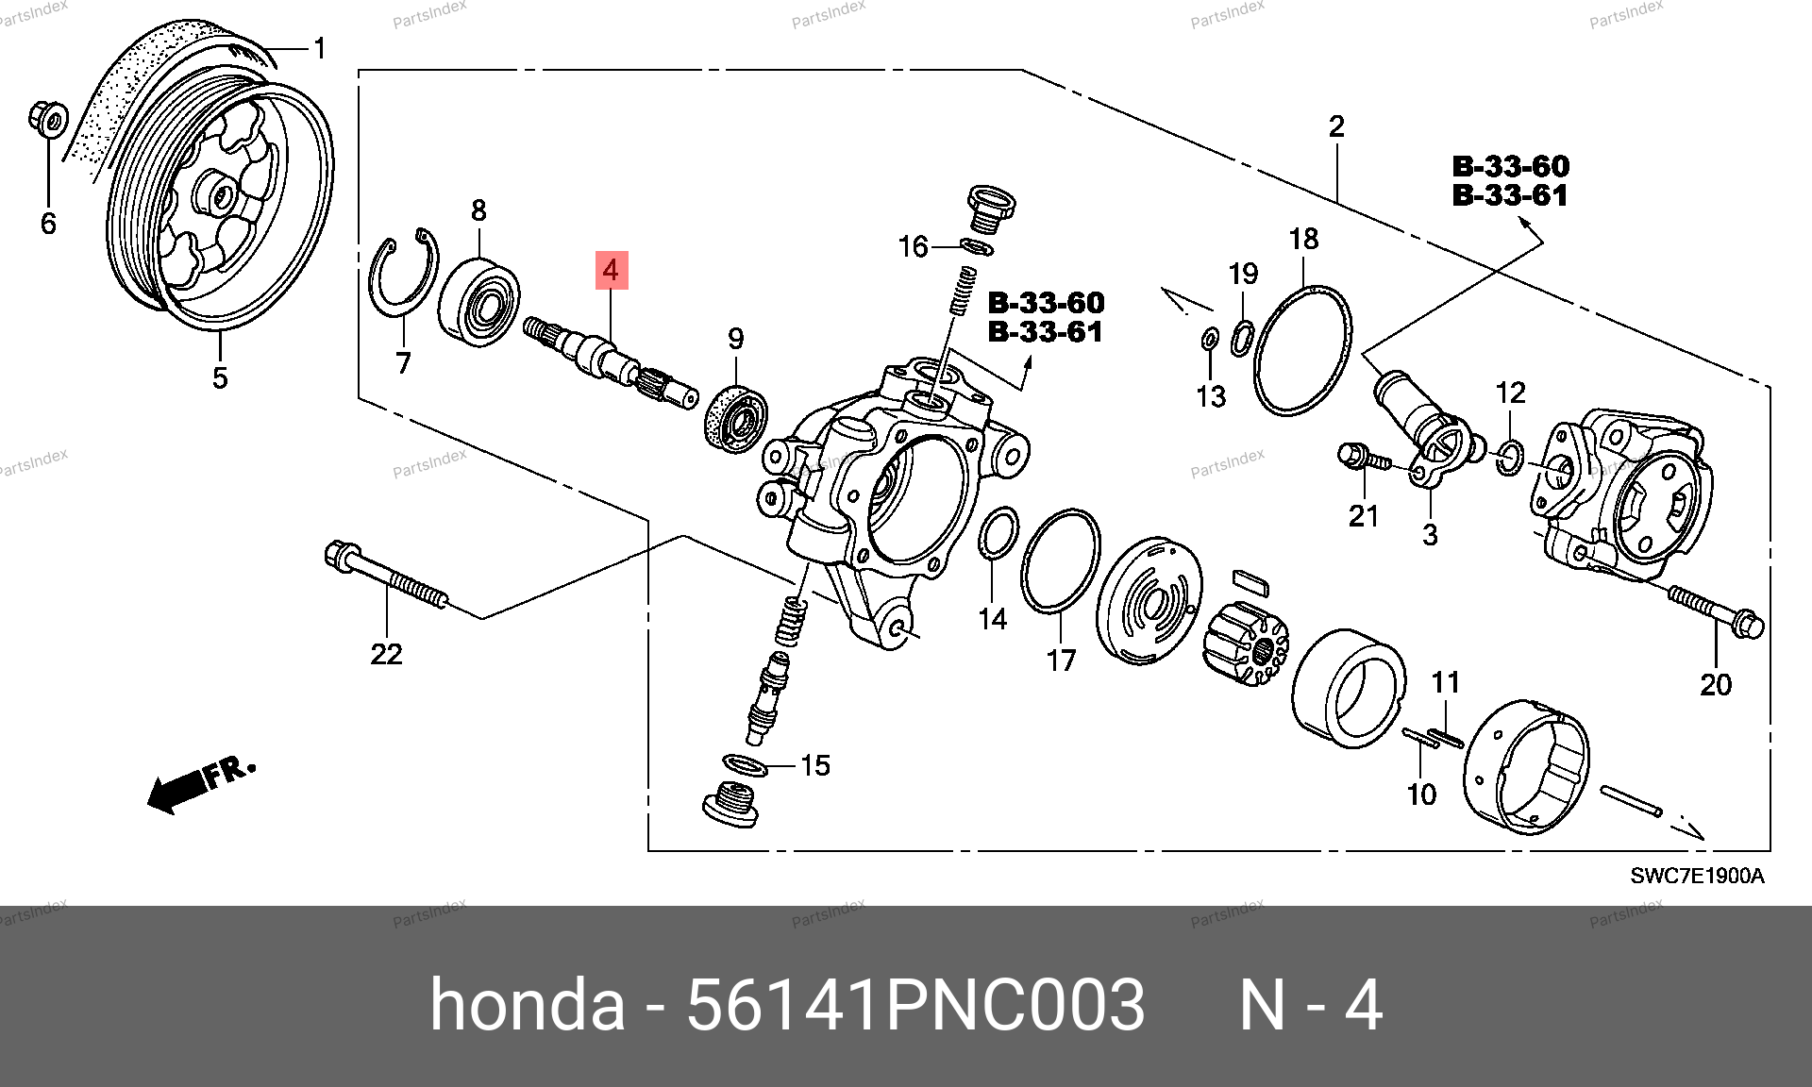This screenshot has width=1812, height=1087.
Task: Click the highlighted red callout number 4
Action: (x=611, y=271)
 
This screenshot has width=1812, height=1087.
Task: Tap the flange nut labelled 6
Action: (x=48, y=119)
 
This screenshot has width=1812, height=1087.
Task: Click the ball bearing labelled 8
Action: (x=479, y=301)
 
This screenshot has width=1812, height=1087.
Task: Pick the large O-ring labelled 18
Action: (x=1302, y=351)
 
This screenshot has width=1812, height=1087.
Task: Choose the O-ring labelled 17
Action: (x=1061, y=561)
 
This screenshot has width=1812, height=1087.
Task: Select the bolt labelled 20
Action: (x=1716, y=610)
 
